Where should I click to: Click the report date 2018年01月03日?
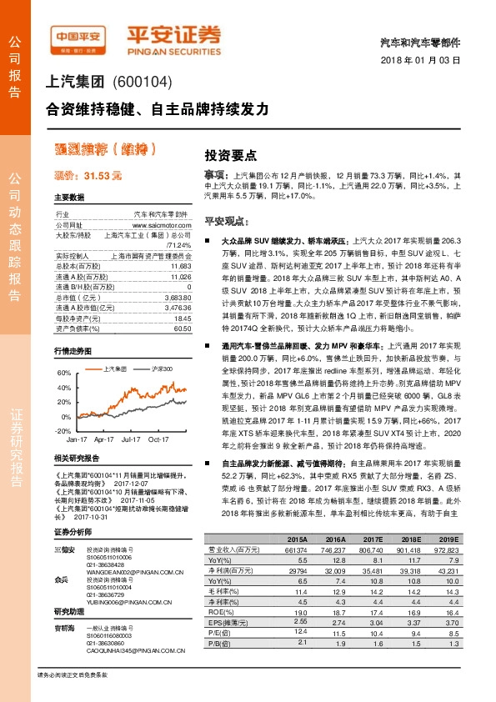(x=431, y=61)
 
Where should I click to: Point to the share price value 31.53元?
(x=98, y=175)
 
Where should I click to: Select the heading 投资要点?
(x=207, y=155)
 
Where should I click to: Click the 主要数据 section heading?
(x=69, y=198)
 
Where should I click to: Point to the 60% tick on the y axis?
(x=63, y=373)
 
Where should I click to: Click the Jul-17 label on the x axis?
(x=130, y=439)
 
